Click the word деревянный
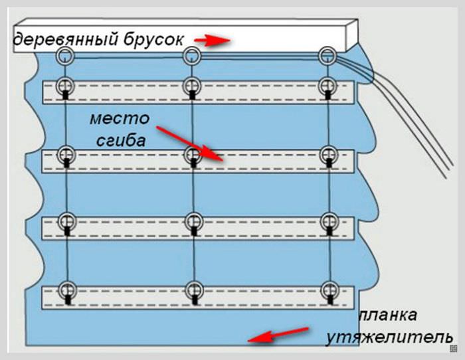[66, 40]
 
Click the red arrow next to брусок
[215, 41]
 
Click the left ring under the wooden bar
[64, 55]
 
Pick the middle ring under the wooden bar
[193, 55]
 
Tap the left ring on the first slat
[66, 85]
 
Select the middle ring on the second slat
[193, 155]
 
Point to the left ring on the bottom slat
[66, 290]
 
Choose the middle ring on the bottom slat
[193, 290]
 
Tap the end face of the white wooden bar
[353, 36]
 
